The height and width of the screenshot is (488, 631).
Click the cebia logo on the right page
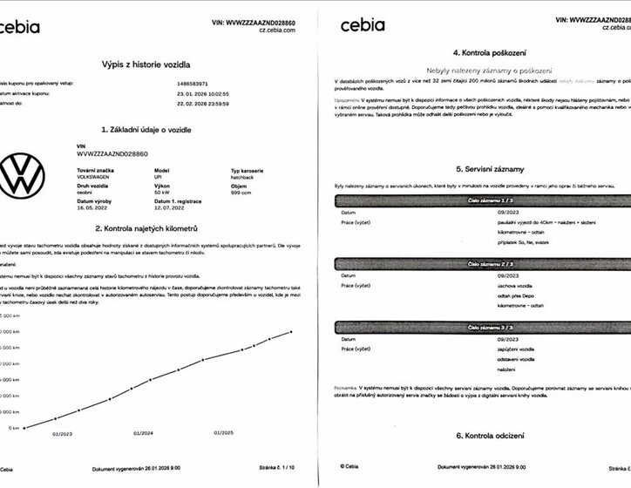click(363, 24)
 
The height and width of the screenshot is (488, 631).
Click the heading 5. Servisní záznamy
click(482, 169)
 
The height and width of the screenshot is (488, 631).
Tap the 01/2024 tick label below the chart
click(144, 432)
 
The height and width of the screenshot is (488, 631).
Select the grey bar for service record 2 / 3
click(482, 262)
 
